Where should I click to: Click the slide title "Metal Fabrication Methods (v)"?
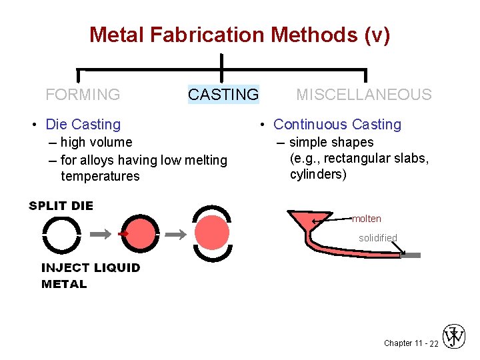point(239,34)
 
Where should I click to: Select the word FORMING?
point(83,95)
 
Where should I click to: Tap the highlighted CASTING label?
point(223,95)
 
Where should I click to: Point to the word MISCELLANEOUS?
point(364,95)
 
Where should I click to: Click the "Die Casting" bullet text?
point(83,124)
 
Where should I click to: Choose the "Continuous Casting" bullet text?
point(337,124)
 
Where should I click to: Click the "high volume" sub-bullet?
point(96,142)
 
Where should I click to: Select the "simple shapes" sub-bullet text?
point(331,142)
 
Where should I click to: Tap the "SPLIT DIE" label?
point(61,205)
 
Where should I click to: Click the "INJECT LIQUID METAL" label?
point(91,275)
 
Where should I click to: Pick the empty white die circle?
point(61,234)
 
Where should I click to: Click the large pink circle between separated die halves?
point(212,233)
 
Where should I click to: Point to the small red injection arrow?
point(122,234)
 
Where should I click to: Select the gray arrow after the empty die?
point(100,234)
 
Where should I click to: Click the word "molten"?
point(367,219)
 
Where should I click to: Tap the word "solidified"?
point(378,238)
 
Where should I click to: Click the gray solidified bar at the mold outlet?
point(409,255)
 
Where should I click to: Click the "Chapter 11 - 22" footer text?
point(411,343)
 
